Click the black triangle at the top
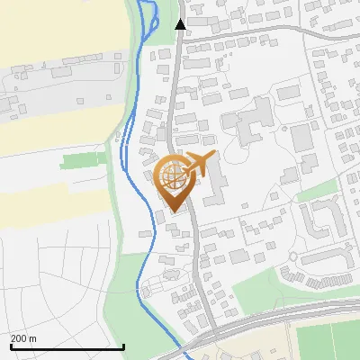[181, 24]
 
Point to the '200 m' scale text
[23, 338]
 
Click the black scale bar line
[67, 346]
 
